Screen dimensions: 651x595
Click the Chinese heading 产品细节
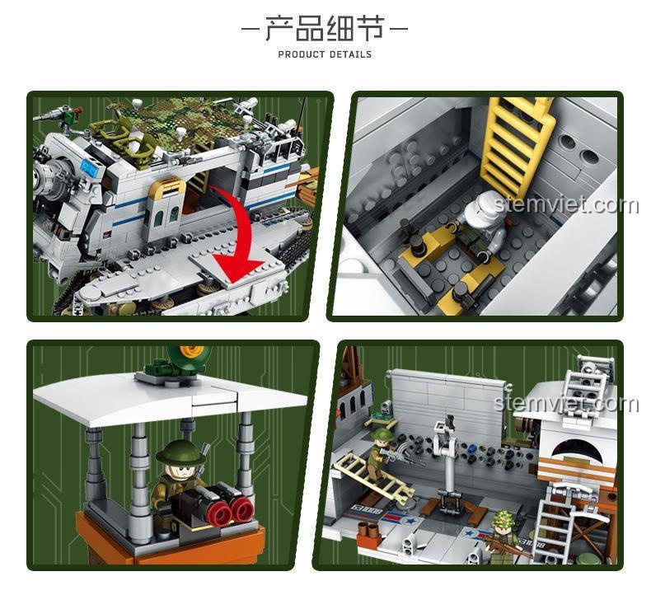point(324,28)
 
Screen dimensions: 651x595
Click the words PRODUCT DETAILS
point(325,54)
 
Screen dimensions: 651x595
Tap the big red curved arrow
point(235,239)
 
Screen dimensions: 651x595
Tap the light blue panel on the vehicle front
point(89,167)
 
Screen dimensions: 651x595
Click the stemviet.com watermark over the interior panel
point(566,205)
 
